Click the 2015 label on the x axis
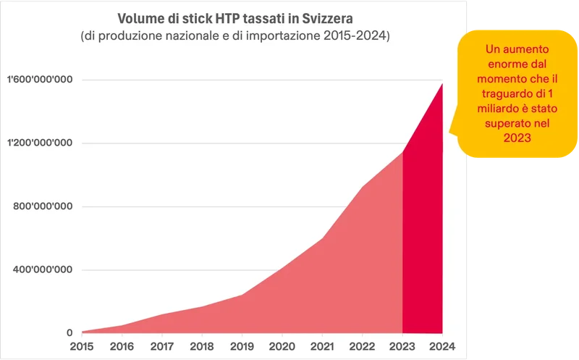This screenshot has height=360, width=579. pyautogui.click(x=82, y=346)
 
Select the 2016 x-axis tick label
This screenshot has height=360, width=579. pyautogui.click(x=122, y=346)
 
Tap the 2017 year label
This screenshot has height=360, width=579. pyautogui.click(x=162, y=346)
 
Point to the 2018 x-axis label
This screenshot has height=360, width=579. pyautogui.click(x=202, y=346)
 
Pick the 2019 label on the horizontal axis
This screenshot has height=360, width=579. pyautogui.click(x=242, y=346)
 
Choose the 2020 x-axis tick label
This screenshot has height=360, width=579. pyautogui.click(x=282, y=346)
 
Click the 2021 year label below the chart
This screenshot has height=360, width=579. pyautogui.click(x=322, y=346)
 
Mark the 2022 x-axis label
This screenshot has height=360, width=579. pyautogui.click(x=362, y=346)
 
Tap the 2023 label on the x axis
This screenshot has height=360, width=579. pyautogui.click(x=402, y=346)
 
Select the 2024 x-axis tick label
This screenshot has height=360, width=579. pyautogui.click(x=442, y=346)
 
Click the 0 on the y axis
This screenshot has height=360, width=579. pyautogui.click(x=69, y=333)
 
